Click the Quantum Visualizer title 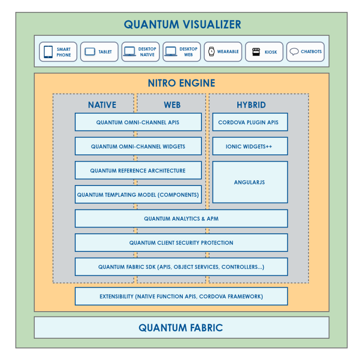tap(182, 24)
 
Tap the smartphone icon tap(48, 52)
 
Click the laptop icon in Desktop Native tap(130, 52)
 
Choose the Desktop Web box tap(181, 52)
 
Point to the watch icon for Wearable tap(211, 52)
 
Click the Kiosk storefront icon tap(256, 52)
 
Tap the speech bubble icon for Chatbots tap(294, 52)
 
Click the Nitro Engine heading tap(181, 83)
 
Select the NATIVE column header tap(102, 104)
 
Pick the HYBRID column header tap(251, 104)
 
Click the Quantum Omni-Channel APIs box tap(138, 122)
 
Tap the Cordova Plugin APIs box tap(250, 122)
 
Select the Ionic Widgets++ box tap(250, 146)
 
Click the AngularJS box tap(250, 182)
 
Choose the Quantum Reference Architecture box tap(138, 170)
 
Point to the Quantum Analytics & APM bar tap(181, 219)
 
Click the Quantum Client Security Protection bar tap(181, 243)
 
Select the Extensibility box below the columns tap(181, 296)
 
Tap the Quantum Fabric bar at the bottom tap(181, 328)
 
